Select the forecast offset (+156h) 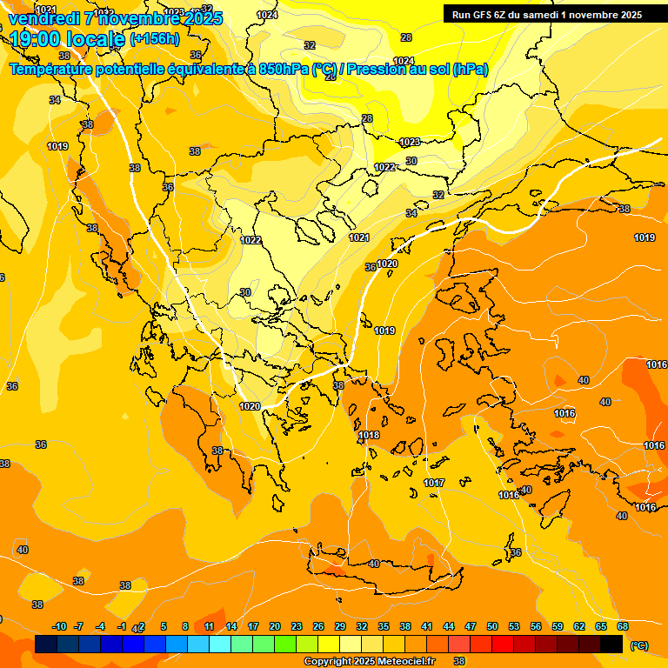[x=155, y=38]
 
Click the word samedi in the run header [x=549, y=15]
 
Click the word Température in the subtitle [x=52, y=69]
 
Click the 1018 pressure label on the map [x=369, y=435]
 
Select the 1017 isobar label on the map [x=434, y=483]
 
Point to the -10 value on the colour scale [x=59, y=626]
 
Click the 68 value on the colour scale [x=623, y=626]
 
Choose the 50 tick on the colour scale [x=492, y=626]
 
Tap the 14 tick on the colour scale [x=231, y=626]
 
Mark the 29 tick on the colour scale [x=340, y=626]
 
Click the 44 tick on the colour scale [x=449, y=626]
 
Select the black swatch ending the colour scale [x=611, y=645]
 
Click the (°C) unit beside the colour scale [x=639, y=645]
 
